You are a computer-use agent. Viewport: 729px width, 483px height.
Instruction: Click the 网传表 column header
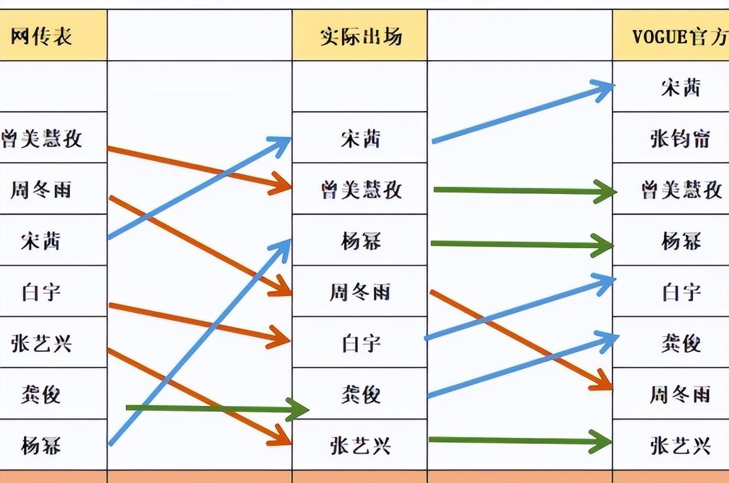point(41,37)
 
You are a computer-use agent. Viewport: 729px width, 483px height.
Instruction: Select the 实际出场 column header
point(361,37)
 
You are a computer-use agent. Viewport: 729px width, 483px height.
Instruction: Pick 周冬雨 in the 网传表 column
point(41,190)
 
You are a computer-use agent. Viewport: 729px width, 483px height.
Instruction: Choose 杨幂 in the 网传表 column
point(41,444)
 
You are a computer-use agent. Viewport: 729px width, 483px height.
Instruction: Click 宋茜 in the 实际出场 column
point(361,138)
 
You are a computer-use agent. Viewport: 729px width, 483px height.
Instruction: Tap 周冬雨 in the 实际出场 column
point(361,292)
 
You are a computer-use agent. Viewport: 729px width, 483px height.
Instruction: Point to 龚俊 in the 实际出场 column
point(361,394)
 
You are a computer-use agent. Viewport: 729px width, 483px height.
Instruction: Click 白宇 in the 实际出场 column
point(361,344)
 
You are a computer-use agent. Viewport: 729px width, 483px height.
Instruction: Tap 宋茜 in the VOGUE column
point(680,88)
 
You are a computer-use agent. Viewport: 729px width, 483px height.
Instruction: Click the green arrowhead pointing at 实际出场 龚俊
point(298,409)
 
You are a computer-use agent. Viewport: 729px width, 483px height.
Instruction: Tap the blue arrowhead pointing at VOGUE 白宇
point(605,281)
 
